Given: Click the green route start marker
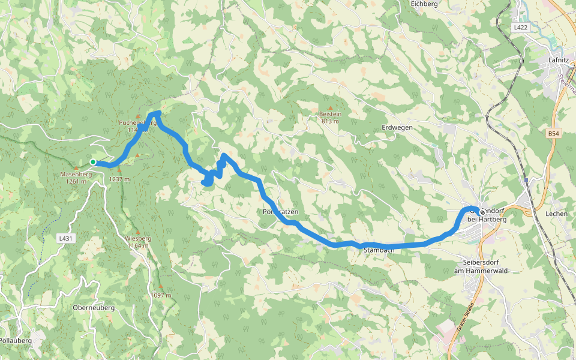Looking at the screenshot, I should click(x=93, y=162).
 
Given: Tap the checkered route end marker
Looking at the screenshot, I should click(x=482, y=212).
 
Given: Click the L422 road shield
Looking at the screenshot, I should click(x=520, y=28).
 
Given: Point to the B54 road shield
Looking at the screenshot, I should click(x=554, y=133).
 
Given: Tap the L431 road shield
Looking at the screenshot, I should click(x=66, y=238).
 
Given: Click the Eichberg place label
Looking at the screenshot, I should click(x=424, y=4).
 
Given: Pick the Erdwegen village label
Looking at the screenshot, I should click(x=397, y=128).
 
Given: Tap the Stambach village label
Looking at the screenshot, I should click(x=378, y=250).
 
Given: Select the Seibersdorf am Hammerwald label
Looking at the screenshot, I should click(x=481, y=267).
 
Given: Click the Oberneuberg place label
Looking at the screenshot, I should click(x=93, y=308).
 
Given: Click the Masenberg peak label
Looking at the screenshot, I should click(x=76, y=175).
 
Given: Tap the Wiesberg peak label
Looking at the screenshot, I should click(x=138, y=238).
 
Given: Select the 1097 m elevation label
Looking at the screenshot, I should click(x=161, y=295).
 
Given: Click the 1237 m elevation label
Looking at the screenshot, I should click(x=119, y=179).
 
